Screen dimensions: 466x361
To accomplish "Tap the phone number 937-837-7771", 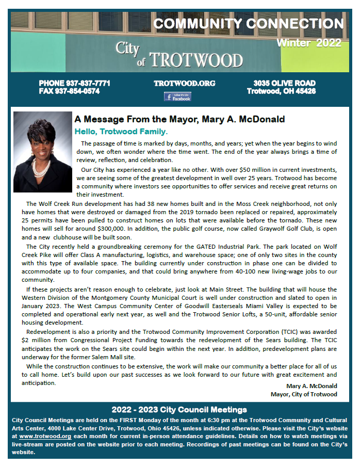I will pyautogui.click(x=74, y=84).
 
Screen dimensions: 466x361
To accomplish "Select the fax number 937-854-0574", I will pyautogui.click(x=69, y=91).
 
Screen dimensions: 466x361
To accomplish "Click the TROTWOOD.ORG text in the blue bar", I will pyautogui.click(x=177, y=83).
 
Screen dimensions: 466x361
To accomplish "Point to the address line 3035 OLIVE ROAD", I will pyautogui.click(x=284, y=84).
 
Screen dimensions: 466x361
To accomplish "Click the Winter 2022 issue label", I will pyautogui.click(x=309, y=43).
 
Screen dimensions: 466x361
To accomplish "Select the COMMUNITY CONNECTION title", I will pyautogui.click(x=248, y=24).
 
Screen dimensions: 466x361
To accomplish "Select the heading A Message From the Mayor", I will pyautogui.click(x=179, y=120).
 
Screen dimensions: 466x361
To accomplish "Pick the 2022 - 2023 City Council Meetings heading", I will pyautogui.click(x=179, y=410).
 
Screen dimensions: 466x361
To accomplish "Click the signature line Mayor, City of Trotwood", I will pyautogui.click(x=304, y=394).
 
